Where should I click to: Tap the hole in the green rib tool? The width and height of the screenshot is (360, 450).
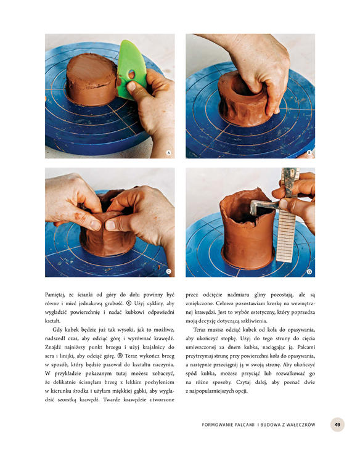tap(131, 75)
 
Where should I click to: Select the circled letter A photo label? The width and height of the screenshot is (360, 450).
tap(169, 153)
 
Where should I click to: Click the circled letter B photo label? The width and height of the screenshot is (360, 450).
tap(309, 153)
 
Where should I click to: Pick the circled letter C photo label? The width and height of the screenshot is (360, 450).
tap(169, 271)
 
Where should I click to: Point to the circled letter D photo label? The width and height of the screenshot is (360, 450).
tap(309, 271)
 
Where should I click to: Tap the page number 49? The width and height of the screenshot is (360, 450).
tap(337, 425)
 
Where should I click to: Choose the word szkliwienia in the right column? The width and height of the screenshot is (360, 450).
tap(255, 321)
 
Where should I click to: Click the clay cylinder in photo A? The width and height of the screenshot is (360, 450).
tap(92, 79)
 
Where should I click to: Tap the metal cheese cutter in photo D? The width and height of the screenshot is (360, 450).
tap(264, 206)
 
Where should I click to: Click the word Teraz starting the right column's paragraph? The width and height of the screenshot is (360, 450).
tap(199, 330)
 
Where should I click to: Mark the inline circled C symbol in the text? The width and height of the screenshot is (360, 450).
tap(129, 303)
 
